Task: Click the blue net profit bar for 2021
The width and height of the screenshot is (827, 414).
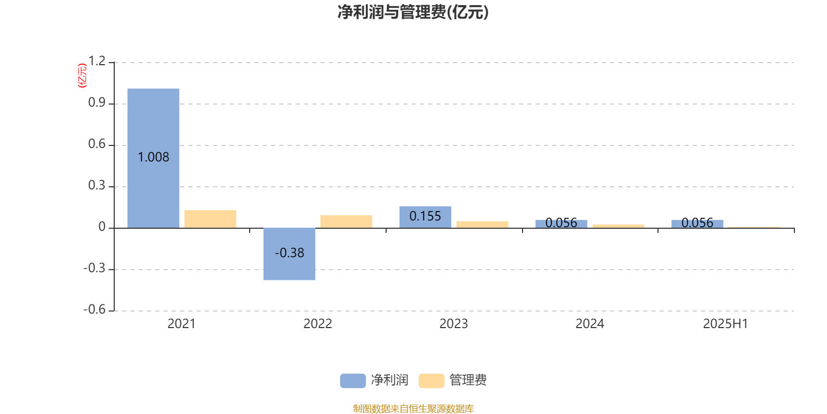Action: click(x=153, y=158)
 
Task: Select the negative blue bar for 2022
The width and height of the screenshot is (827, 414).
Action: click(x=289, y=254)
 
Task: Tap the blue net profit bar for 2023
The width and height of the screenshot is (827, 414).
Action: click(x=425, y=217)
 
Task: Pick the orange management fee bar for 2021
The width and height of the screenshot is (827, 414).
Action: click(x=210, y=219)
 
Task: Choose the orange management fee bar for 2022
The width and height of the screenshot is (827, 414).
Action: click(x=346, y=221)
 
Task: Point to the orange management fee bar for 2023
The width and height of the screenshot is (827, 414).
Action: click(x=482, y=225)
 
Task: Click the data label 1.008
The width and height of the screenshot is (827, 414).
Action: click(x=153, y=157)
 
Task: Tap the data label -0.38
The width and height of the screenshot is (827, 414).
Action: click(x=289, y=253)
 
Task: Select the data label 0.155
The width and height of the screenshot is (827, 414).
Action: click(x=425, y=216)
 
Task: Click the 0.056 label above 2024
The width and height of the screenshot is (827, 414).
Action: click(x=561, y=223)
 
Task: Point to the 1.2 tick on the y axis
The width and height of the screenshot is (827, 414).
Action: click(x=97, y=61)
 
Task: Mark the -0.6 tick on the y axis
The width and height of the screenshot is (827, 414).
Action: click(x=95, y=309)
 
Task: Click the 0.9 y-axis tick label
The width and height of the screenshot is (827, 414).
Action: click(x=97, y=102)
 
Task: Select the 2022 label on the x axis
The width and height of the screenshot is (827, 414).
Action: click(x=317, y=324)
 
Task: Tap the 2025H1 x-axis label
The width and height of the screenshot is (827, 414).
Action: click(x=726, y=324)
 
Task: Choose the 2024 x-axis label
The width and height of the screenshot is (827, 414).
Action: click(x=590, y=324)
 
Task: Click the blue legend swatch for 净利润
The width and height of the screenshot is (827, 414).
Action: click(x=353, y=381)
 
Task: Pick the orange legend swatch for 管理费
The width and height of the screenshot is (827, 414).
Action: click(x=431, y=381)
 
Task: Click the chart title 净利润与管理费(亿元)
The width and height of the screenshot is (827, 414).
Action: click(x=413, y=12)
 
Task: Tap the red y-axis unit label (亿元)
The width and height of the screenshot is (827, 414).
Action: click(x=82, y=76)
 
